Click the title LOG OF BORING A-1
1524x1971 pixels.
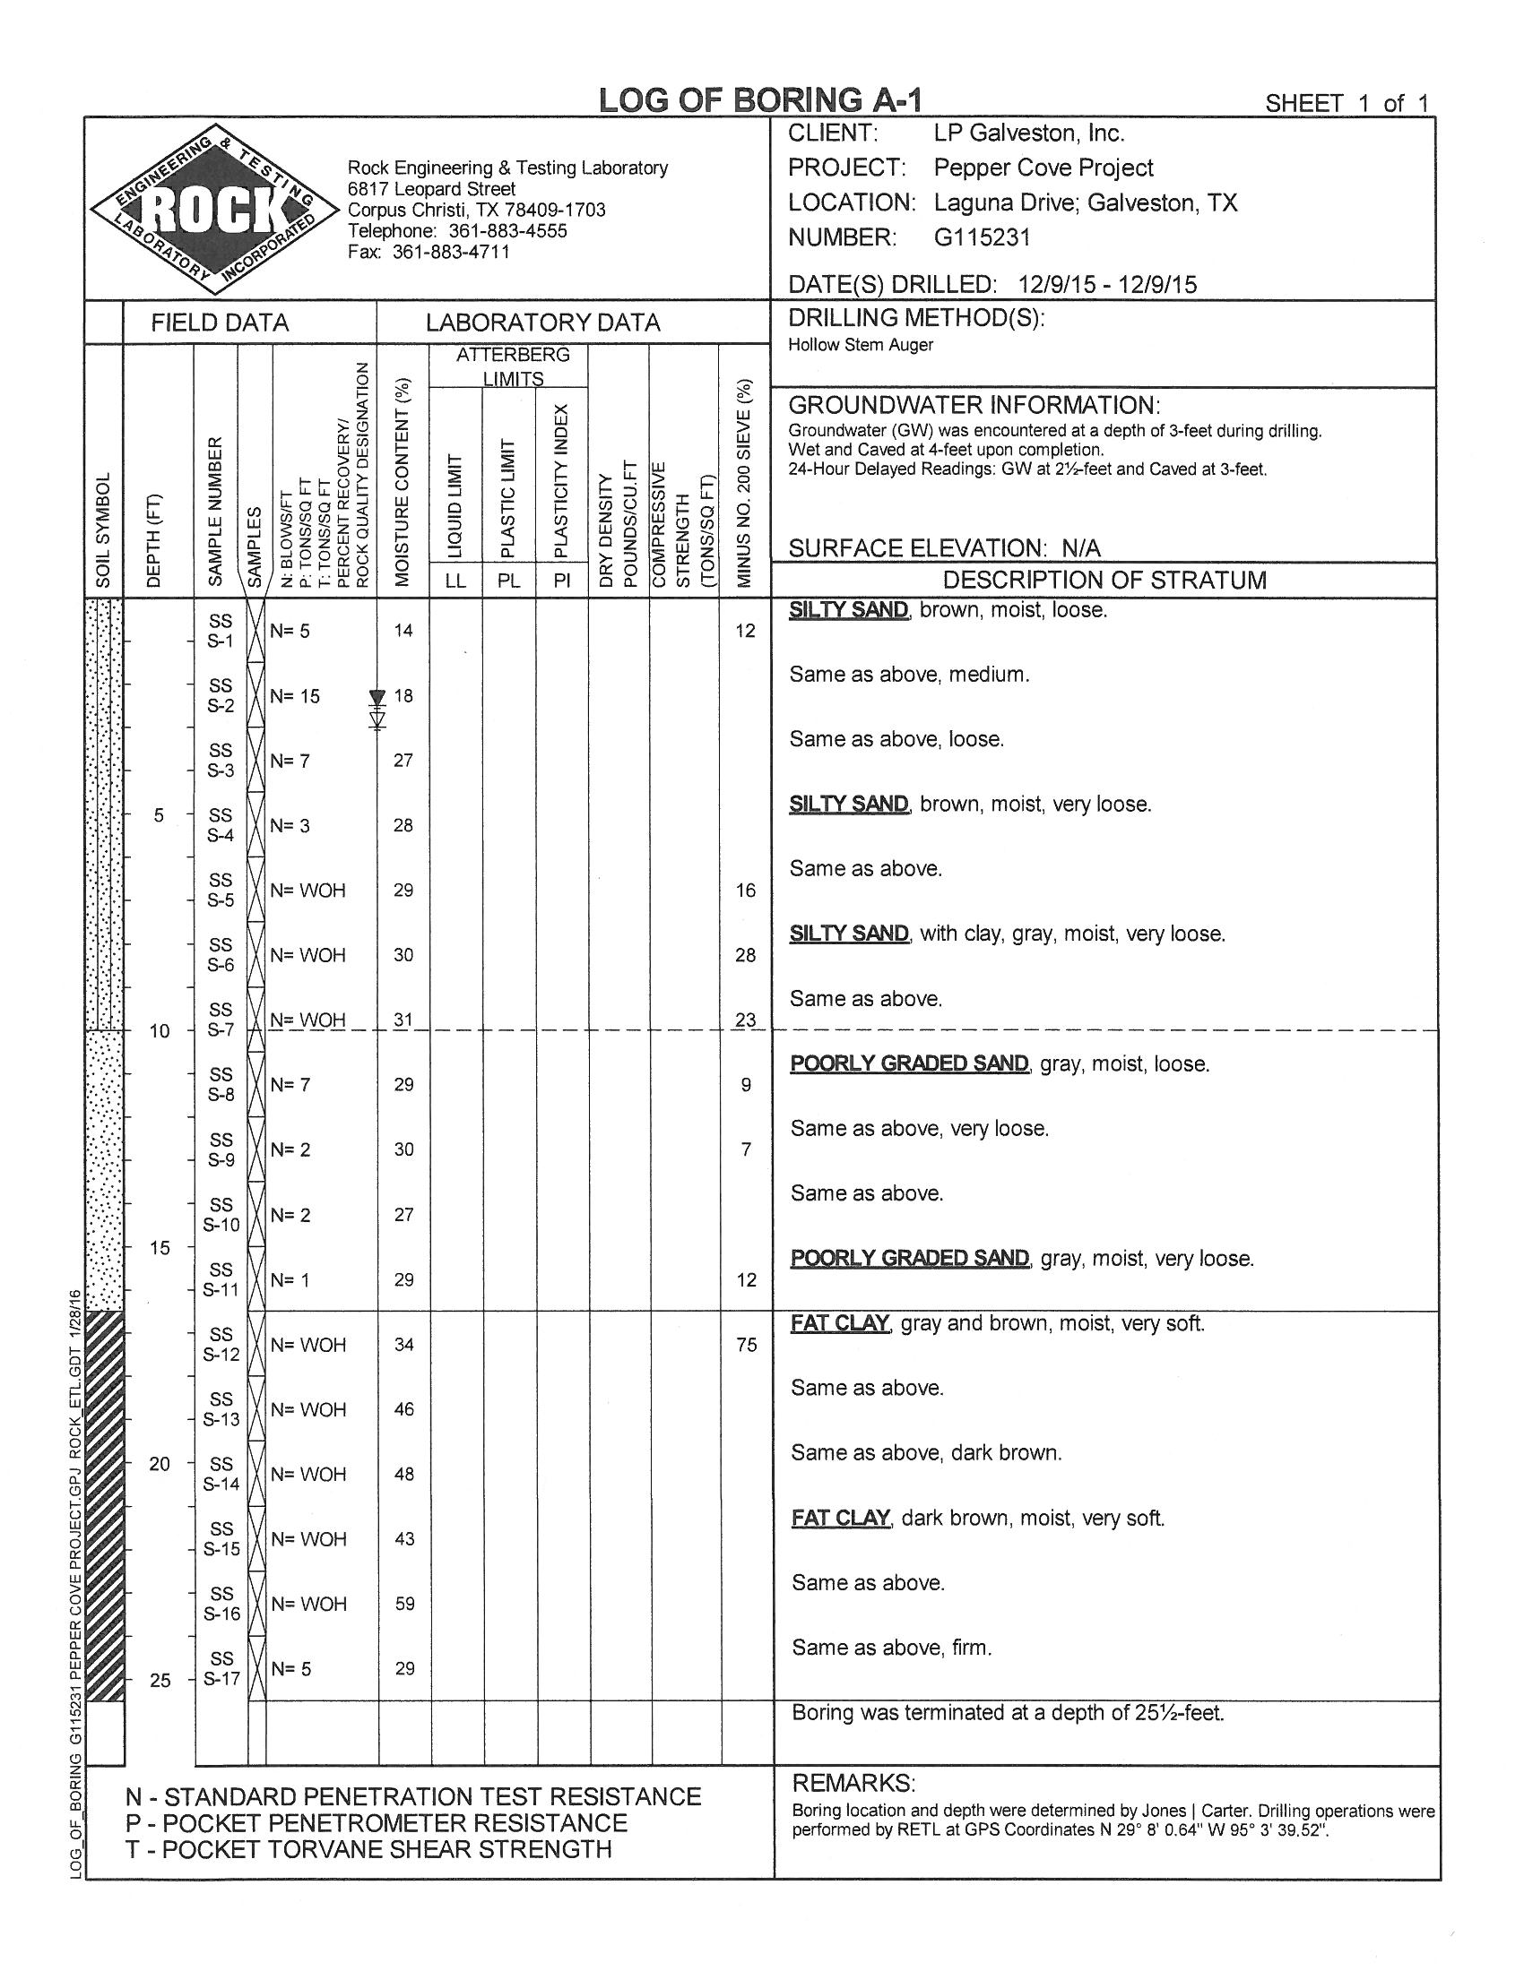760,100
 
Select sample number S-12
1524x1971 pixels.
221,1344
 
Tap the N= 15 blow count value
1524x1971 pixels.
296,696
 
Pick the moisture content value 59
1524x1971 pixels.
404,1604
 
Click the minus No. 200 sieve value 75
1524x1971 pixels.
746,1345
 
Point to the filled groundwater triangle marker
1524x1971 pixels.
377,698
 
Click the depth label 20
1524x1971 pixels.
159,1464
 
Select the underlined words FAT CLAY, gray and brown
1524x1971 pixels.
841,1323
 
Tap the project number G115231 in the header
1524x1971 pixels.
982,237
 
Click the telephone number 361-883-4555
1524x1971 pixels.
507,231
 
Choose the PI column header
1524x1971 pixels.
561,581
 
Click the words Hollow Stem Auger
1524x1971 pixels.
861,345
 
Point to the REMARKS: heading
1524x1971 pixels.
853,1782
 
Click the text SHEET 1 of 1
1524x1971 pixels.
1346,103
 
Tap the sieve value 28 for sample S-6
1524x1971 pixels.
745,955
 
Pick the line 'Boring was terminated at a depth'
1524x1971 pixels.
1007,1712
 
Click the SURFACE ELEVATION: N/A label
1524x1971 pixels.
944,547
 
